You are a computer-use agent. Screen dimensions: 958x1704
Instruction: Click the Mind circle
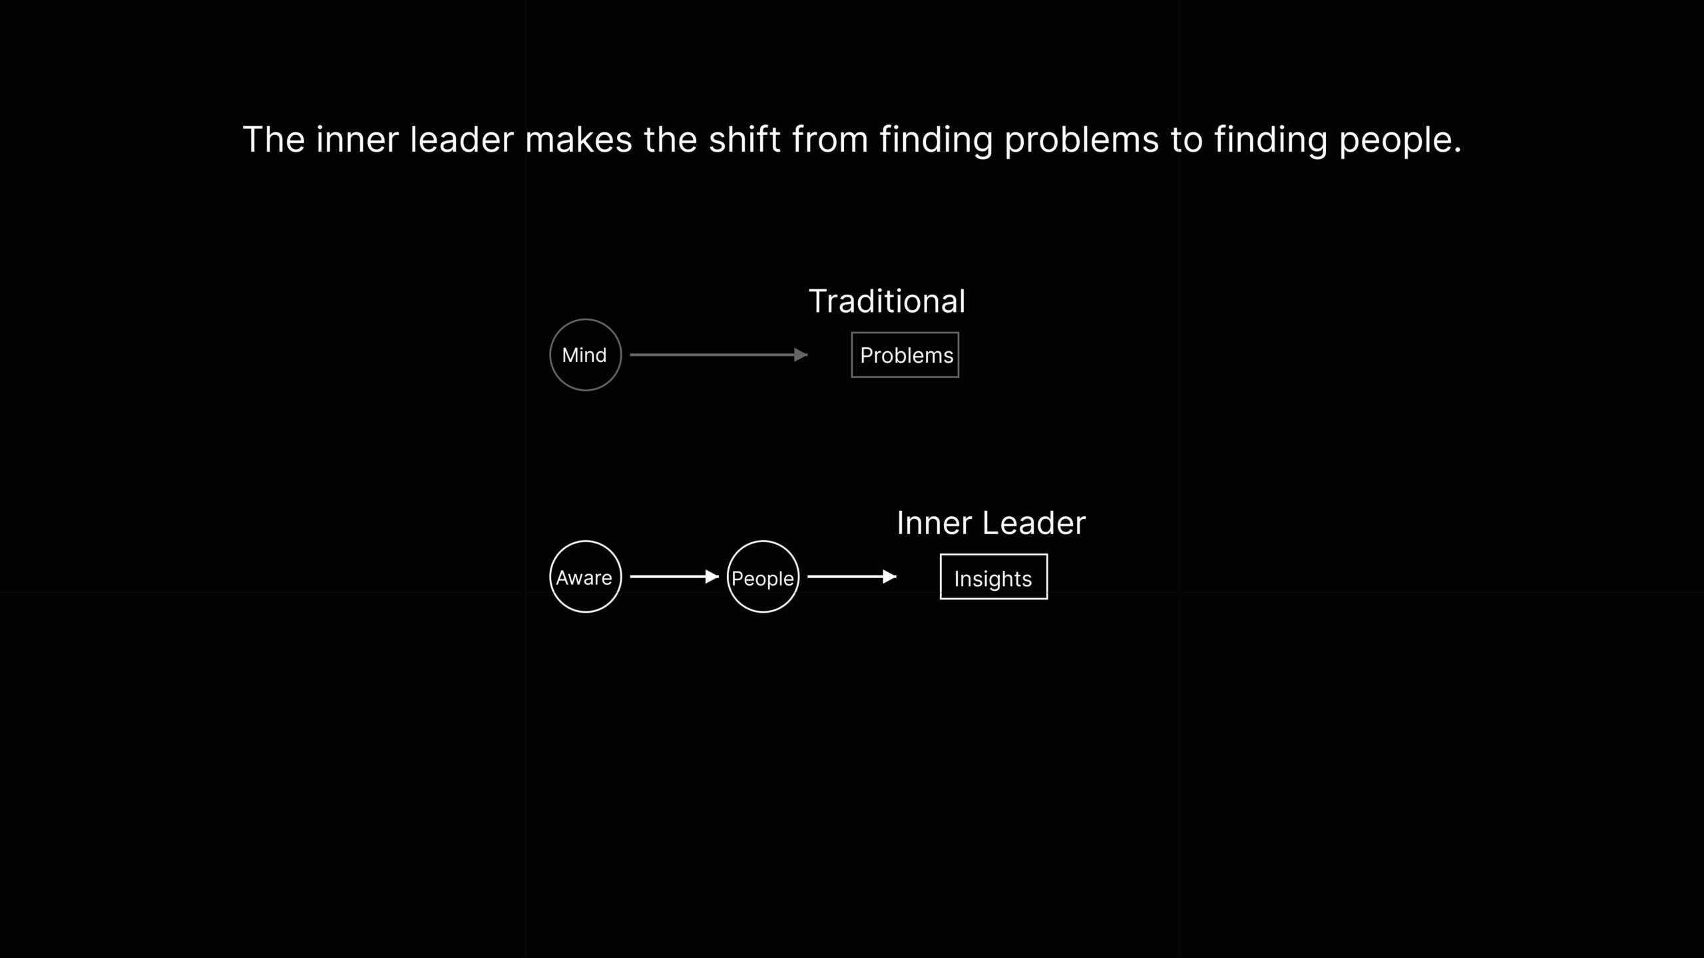(x=585, y=355)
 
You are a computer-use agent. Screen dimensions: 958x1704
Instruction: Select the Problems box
(x=905, y=355)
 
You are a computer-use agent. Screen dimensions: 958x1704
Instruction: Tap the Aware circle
(x=585, y=577)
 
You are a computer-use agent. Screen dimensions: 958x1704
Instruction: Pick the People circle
(x=763, y=577)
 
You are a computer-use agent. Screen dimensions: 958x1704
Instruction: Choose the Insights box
(x=993, y=577)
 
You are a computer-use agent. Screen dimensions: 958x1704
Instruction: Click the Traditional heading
(x=887, y=301)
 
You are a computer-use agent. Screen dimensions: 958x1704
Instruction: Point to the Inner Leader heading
(x=990, y=523)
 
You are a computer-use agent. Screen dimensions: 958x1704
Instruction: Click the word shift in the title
(x=744, y=140)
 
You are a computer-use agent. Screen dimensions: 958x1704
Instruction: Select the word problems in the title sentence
(x=1081, y=140)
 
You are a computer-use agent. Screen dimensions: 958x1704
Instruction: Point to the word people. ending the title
(x=1399, y=140)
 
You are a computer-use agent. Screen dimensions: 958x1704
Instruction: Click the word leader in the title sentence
(x=461, y=140)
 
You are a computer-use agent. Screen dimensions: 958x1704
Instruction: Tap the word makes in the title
(x=578, y=140)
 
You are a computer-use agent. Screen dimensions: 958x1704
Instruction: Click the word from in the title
(x=829, y=140)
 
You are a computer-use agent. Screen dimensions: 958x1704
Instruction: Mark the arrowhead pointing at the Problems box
(x=801, y=355)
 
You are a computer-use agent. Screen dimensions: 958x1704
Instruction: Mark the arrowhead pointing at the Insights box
(x=889, y=577)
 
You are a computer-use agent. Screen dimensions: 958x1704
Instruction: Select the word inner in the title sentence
(x=357, y=140)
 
